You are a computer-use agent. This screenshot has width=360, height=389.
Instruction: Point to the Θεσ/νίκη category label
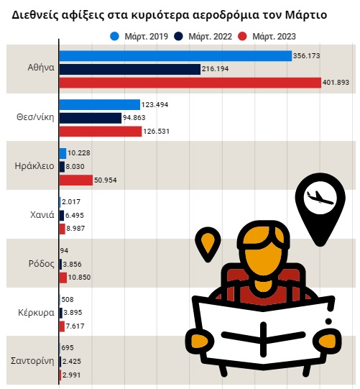pyautogui.click(x=34, y=117)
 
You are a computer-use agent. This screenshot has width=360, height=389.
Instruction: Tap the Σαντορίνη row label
pyautogui.click(x=31, y=360)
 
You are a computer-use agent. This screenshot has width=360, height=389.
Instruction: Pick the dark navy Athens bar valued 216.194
pyautogui.click(x=129, y=69)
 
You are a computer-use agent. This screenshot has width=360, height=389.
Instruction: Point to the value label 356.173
pyautogui.click(x=308, y=55)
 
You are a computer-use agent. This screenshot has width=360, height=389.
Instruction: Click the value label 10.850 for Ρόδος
pyautogui.click(x=80, y=278)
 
